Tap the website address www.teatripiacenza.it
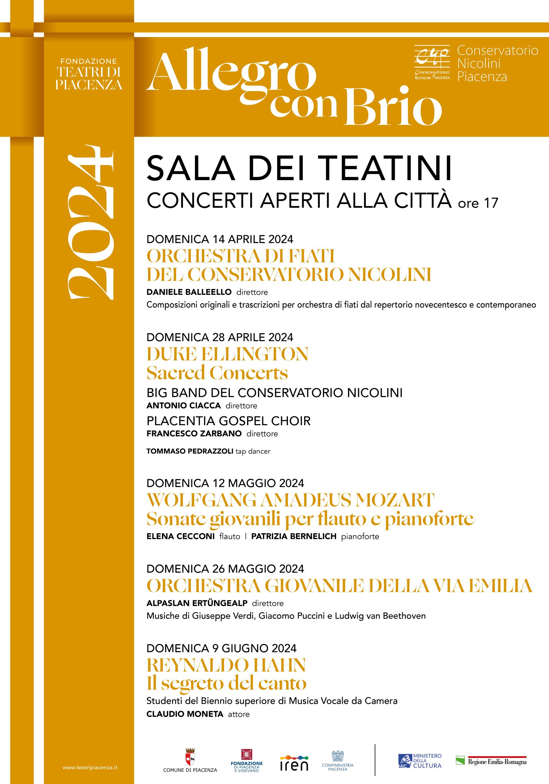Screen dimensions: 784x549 [x=90, y=767]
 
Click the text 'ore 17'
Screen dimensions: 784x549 [x=478, y=203]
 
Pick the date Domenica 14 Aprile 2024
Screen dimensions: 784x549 [x=220, y=239]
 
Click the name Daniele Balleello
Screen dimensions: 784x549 [x=189, y=292]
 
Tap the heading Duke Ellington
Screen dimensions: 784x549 [x=227, y=354]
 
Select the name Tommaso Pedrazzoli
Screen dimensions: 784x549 [x=190, y=451]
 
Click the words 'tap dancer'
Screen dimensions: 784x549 [x=253, y=451]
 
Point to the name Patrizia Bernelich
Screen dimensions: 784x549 [x=294, y=536]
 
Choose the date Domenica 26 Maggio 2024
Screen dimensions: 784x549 [x=225, y=568]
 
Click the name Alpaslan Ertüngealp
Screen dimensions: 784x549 [x=197, y=603]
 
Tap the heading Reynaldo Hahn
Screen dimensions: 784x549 [x=226, y=665]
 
